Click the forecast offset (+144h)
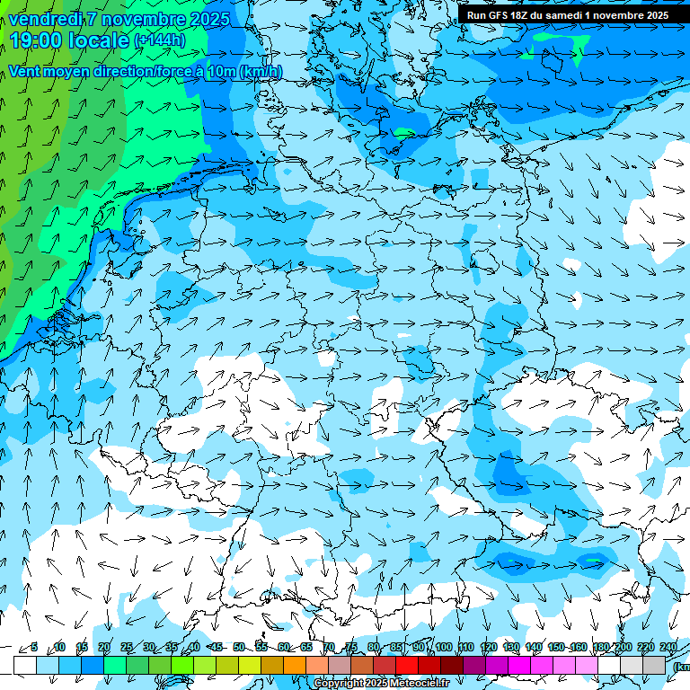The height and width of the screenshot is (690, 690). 159,40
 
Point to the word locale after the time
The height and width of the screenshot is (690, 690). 100,40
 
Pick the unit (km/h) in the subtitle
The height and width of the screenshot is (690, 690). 261,72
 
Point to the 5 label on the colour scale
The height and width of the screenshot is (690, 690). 34,647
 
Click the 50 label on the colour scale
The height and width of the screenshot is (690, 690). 238,647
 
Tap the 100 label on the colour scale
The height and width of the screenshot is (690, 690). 444,647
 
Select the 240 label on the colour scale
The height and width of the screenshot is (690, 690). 668,647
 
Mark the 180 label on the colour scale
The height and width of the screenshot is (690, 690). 600,647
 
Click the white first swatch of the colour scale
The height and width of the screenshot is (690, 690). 25,665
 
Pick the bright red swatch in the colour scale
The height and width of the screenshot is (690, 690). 406,665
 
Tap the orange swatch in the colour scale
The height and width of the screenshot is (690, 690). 295,665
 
